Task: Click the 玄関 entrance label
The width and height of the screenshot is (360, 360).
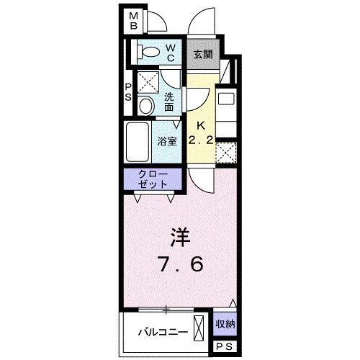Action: pos(203,54)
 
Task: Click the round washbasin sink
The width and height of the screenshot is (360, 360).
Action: pos(145,107)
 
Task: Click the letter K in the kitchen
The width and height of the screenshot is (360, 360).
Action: pos(202,125)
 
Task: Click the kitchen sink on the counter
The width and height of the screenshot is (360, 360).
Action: pos(225,99)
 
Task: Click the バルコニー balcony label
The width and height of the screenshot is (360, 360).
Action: pos(163,332)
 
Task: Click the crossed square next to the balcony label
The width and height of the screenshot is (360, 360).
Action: pos(201,325)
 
